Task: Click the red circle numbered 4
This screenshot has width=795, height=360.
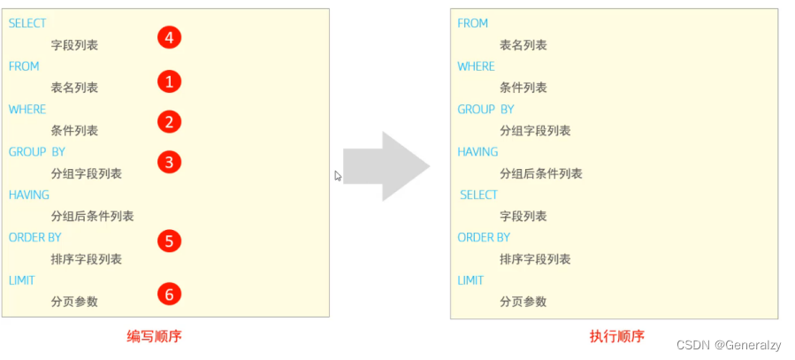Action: (170, 37)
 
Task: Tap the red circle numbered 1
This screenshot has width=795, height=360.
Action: (170, 81)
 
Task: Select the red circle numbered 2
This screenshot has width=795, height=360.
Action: (170, 122)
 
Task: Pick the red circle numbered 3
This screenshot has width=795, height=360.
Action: (170, 162)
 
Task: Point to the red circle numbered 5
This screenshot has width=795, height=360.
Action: (170, 241)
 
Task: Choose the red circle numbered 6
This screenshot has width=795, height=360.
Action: (170, 293)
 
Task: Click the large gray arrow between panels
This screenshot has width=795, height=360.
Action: (386, 165)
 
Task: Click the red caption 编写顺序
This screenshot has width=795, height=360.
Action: (154, 336)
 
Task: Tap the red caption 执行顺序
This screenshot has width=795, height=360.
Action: (617, 336)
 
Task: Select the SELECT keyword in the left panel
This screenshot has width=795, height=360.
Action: (27, 23)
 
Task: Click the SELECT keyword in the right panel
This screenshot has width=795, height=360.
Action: (478, 195)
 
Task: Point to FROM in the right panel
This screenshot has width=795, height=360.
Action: (472, 23)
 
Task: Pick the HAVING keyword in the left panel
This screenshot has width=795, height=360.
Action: (29, 195)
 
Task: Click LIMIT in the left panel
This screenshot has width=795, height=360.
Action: (22, 280)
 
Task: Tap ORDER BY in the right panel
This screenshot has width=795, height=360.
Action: (484, 237)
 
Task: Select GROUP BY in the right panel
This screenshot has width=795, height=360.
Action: (485, 109)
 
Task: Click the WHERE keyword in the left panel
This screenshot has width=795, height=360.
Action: (27, 109)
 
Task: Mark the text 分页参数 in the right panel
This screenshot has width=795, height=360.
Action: (524, 302)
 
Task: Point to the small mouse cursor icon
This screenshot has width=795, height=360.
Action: (338, 176)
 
